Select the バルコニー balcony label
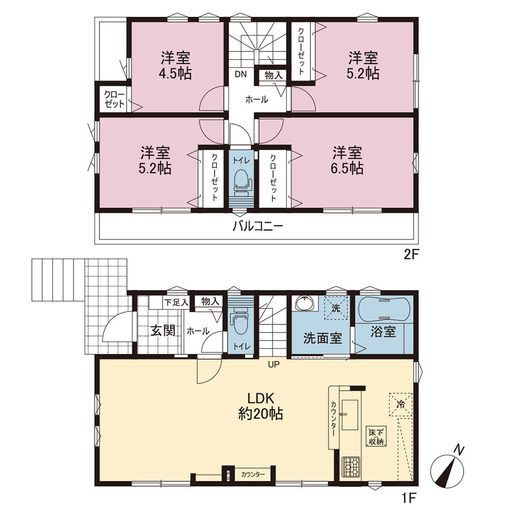pos(258,226)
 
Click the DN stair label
pos(241,74)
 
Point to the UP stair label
pos(273,365)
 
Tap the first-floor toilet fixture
pos(240,324)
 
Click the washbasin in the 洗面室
pos(305,303)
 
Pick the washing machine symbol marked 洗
pos(336,308)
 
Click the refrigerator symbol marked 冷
pos(400,404)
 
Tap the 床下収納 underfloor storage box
pos(376,437)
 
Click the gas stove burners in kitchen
pos(351,467)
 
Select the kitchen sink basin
pos(350,411)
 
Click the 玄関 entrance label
pos(163,330)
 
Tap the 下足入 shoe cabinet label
pos(176,302)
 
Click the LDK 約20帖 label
pos(261,406)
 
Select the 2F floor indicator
pos(410,254)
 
